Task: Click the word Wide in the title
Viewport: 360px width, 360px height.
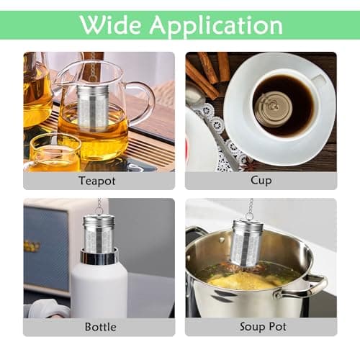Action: point(111,24)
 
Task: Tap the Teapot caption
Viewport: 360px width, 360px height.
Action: point(97,181)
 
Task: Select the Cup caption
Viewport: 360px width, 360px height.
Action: point(261,181)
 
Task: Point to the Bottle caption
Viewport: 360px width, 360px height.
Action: point(101,327)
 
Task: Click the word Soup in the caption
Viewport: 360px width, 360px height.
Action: point(252,327)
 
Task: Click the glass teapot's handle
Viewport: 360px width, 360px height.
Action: point(143,101)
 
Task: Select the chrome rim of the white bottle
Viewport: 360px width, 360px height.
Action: point(99,256)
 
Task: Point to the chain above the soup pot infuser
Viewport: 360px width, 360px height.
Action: point(251,208)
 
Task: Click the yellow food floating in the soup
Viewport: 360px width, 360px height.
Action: point(243,282)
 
